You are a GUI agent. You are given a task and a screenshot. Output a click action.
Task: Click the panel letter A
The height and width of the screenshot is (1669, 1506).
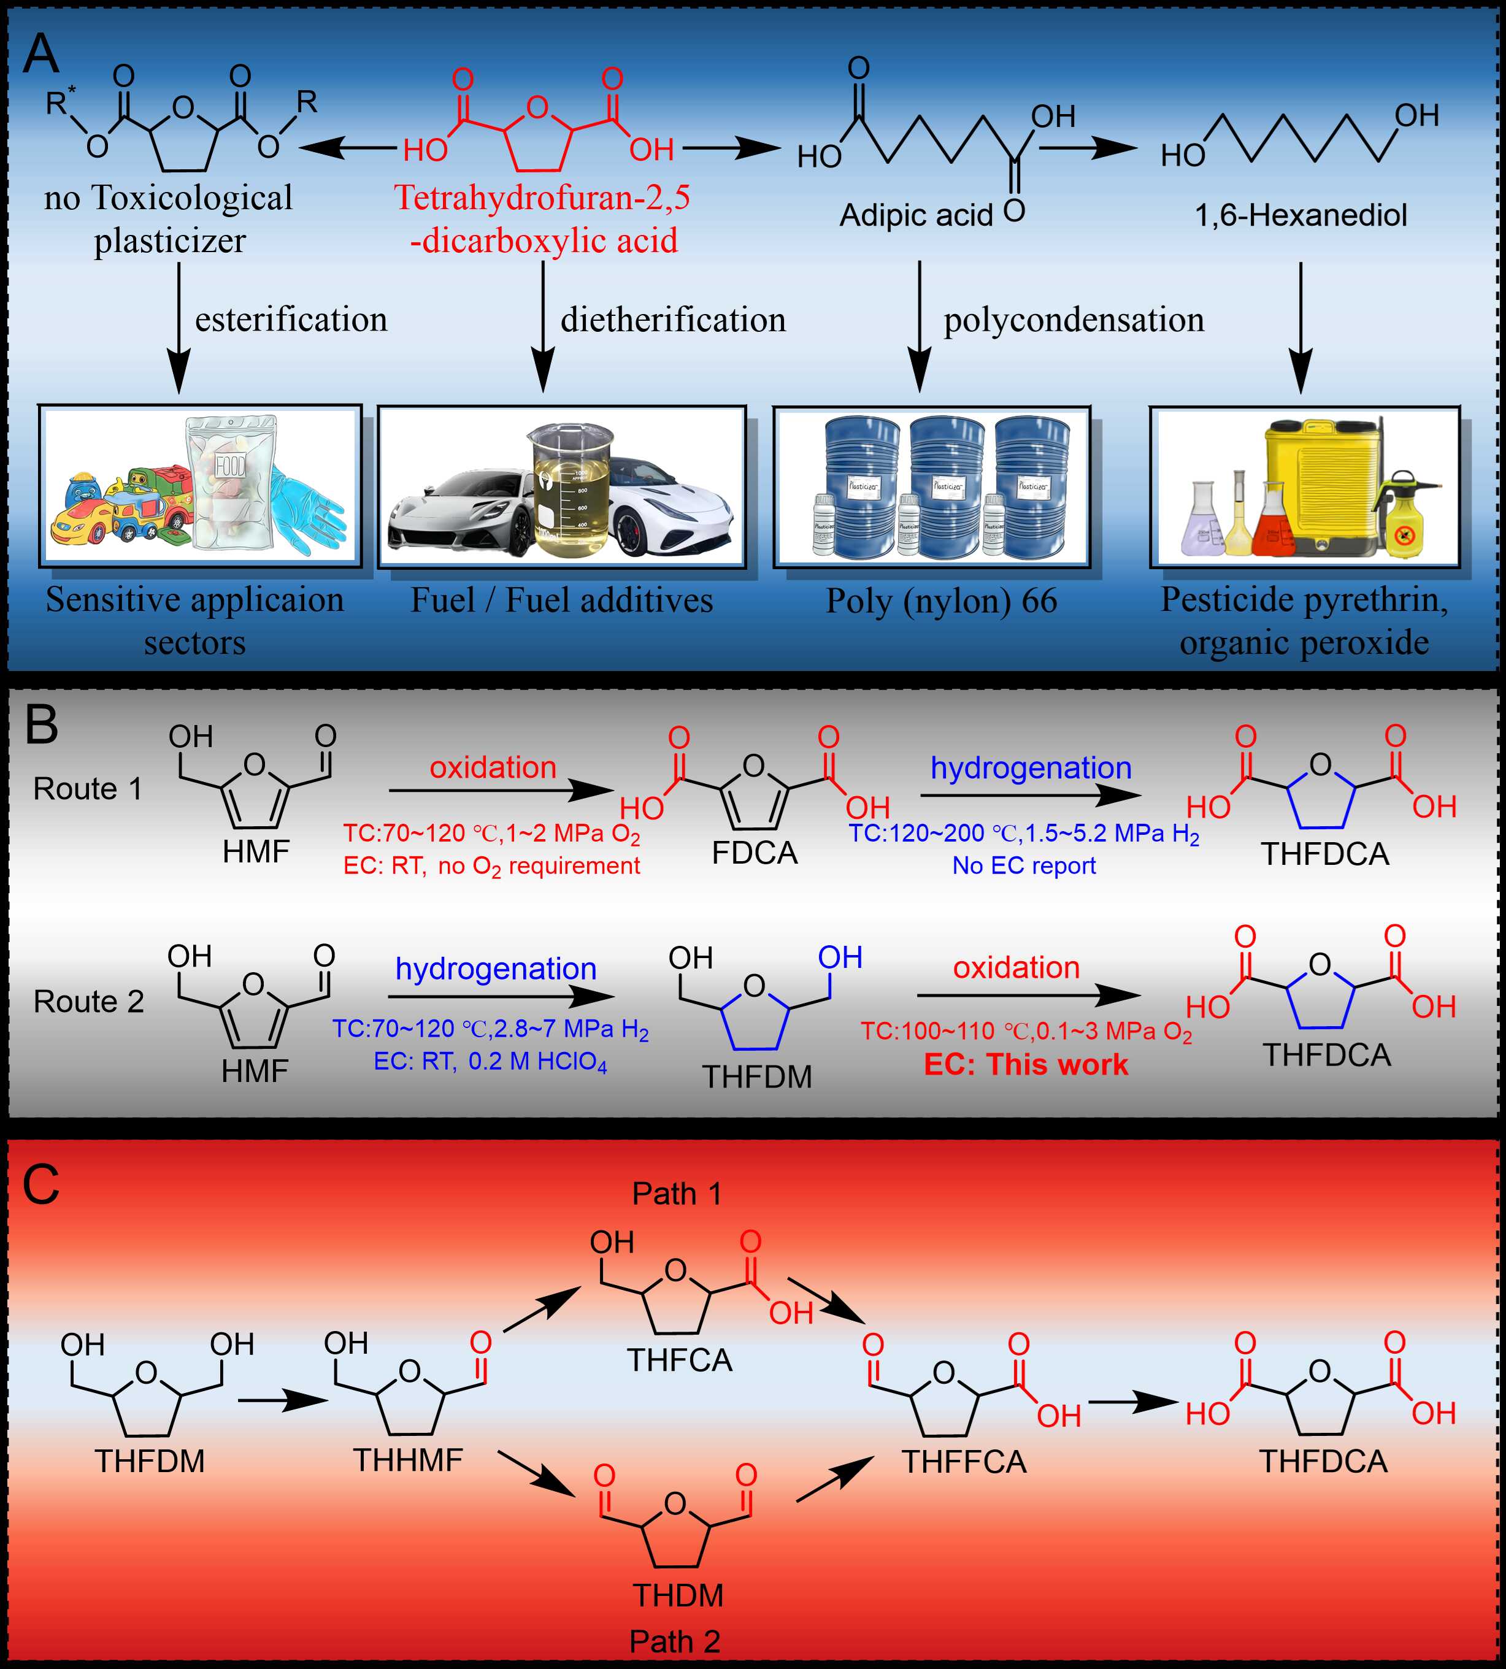pos(40,55)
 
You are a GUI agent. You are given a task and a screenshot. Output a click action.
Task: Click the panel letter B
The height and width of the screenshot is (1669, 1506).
pos(41,725)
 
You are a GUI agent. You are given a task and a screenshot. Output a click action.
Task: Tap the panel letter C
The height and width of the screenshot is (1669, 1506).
pos(40,1185)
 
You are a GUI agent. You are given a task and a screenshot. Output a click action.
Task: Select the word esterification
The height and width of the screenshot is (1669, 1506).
pos(290,320)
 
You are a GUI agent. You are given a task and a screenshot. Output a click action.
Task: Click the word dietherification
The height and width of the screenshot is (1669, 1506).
pos(673,320)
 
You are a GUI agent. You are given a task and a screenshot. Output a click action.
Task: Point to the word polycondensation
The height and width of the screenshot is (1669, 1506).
pos(1074,320)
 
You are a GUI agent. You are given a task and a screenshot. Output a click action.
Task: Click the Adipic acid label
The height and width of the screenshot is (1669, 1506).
pos(915,215)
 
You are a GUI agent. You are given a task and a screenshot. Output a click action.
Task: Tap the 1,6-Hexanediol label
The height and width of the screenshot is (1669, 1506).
pos(1300,215)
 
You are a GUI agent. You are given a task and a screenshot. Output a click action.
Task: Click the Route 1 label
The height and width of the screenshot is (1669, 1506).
pos(88,789)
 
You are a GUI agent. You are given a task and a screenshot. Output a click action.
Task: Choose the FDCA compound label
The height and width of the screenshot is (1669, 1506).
pos(754,853)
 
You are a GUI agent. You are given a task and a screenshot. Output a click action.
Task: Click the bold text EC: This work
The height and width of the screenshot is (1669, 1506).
pos(1025,1064)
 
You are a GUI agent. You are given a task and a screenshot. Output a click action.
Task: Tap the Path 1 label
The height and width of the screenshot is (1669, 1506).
pos(677,1193)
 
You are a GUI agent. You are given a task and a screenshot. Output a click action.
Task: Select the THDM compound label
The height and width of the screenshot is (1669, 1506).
pos(678,1595)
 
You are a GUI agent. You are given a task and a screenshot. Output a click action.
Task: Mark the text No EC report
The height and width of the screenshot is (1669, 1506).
pos(1024,865)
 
